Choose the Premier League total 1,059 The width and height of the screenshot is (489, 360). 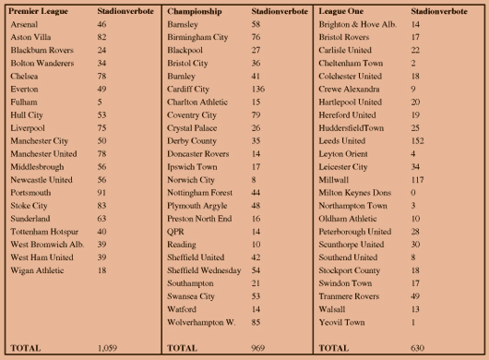pyautogui.click(x=109, y=347)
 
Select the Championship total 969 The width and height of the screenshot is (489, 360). pyautogui.click(x=259, y=347)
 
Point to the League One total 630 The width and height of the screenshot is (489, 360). pyautogui.click(x=418, y=347)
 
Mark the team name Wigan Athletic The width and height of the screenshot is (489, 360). pyautogui.click(x=35, y=270)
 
